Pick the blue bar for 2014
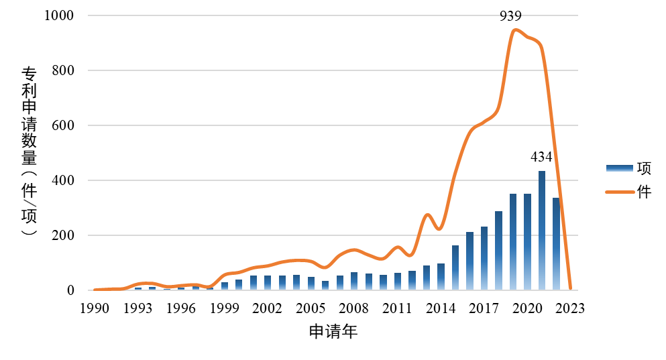coord(441,277)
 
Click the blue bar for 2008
coord(354,282)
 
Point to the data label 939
coord(510,16)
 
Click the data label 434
coord(541,158)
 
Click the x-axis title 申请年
coord(333,332)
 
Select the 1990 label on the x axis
coord(95,309)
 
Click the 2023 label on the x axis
coord(571,309)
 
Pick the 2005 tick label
coord(311,309)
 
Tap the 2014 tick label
coord(441,309)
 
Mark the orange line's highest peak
coord(514,29)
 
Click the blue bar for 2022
coord(557,244)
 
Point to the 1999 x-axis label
coord(225,309)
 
